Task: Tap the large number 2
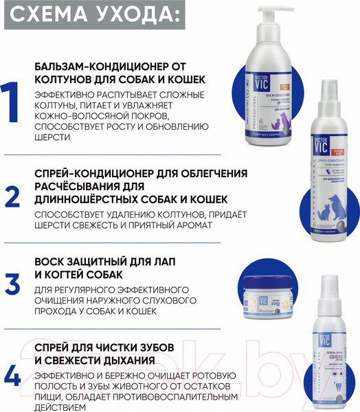tap(13, 196)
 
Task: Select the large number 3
tap(13, 284)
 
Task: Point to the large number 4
tap(13, 375)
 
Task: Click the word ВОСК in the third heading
tap(52, 264)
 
